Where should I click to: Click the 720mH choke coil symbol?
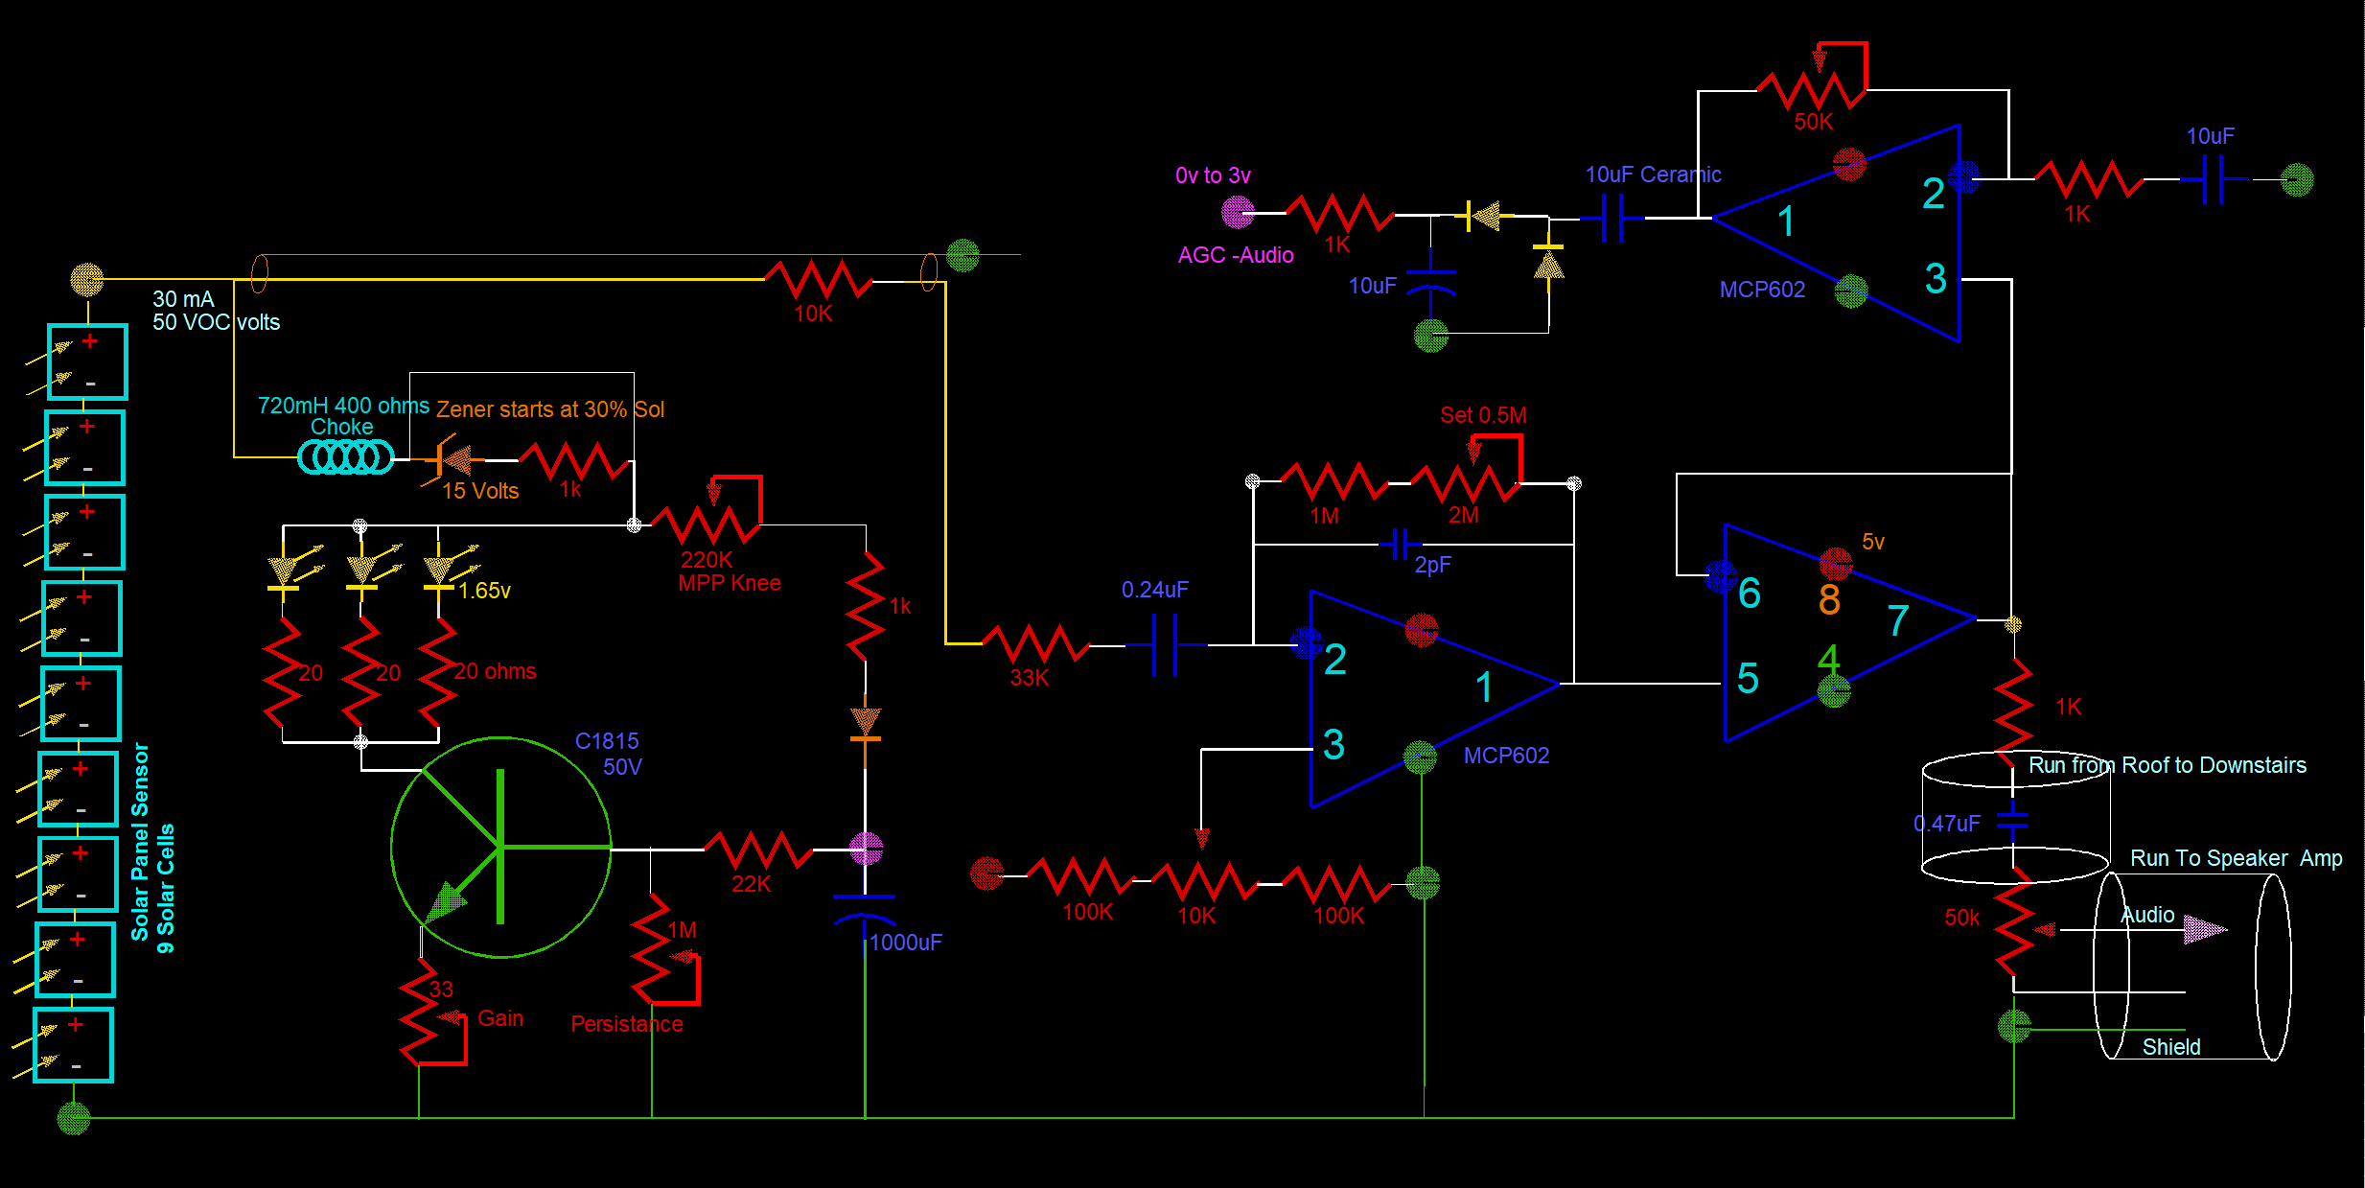click(345, 457)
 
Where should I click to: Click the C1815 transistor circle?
click(500, 848)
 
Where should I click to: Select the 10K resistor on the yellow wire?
click(818, 280)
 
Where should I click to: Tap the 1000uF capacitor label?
click(905, 943)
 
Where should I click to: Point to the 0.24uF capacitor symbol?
click(1164, 645)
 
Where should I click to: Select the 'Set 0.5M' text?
click(1482, 415)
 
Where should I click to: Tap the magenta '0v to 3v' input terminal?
click(1238, 212)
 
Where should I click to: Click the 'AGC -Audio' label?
click(1235, 255)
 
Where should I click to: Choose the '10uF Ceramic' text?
click(1652, 175)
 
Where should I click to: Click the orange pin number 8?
click(1829, 600)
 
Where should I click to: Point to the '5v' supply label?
click(1872, 542)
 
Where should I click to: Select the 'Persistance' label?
click(626, 1024)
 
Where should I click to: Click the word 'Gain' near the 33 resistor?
click(500, 1018)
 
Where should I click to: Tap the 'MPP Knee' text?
click(729, 583)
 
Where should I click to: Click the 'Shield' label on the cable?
click(2170, 1047)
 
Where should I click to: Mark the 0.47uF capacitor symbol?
click(2012, 822)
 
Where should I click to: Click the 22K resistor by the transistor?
click(758, 850)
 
